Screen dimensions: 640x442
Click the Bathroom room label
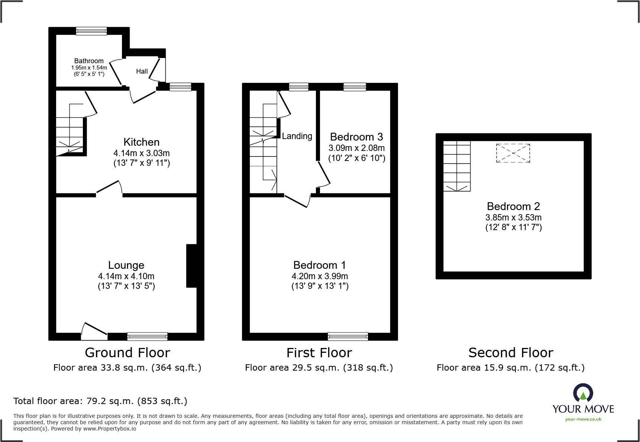(89, 61)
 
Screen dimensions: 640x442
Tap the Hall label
(142, 71)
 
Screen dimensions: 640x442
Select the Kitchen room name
(141, 142)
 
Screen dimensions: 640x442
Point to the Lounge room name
(126, 265)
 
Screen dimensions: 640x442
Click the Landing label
(297, 136)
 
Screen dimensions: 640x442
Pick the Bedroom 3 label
(356, 137)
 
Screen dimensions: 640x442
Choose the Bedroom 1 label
(320, 265)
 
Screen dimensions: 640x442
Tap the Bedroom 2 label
(513, 206)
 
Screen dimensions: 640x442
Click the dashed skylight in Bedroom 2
(513, 153)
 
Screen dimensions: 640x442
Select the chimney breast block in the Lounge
(191, 266)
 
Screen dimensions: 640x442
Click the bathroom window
(91, 31)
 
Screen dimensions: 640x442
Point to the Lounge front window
(147, 336)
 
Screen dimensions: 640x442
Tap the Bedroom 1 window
(348, 336)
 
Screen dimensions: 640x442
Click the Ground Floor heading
(127, 352)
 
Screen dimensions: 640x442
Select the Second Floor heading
(511, 352)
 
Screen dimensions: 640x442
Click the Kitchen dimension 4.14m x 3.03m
(142, 153)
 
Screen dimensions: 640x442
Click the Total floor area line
(100, 401)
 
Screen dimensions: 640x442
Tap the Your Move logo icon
(583, 393)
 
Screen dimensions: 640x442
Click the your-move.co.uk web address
(583, 419)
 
